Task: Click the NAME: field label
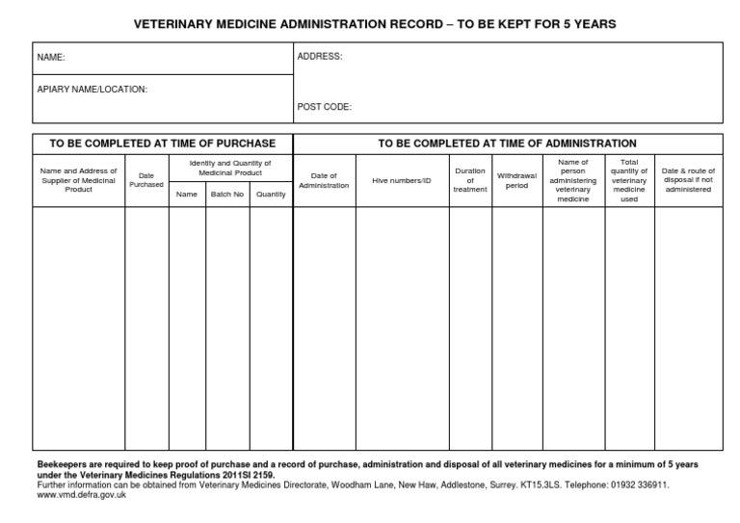pos(51,58)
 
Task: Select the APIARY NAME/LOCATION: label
pos(92,89)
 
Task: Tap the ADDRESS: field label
pos(319,57)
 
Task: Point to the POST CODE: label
pos(324,107)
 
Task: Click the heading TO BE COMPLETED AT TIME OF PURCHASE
pos(163,144)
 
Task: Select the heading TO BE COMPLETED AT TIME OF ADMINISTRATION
pos(507,144)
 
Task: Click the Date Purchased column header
pos(146,180)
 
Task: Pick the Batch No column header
pos(227,195)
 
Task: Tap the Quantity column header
pos(271,195)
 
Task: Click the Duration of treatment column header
pos(470,180)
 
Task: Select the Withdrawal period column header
pos(517,180)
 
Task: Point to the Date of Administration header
pos(324,180)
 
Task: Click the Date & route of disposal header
pos(688,180)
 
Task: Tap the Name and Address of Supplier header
pos(78,180)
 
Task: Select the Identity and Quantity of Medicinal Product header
pos(229,168)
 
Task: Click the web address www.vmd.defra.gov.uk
pos(80,495)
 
